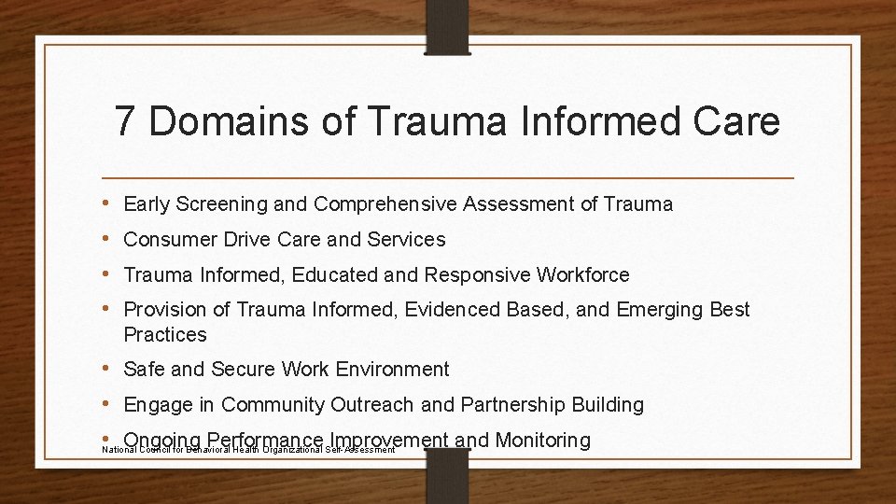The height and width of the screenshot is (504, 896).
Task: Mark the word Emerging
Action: (657, 310)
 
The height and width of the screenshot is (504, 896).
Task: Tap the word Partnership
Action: (512, 405)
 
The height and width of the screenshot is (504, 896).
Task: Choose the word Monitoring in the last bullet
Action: (542, 440)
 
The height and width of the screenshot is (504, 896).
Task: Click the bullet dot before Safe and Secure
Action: (107, 369)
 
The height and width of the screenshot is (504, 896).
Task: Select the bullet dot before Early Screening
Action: (107, 203)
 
